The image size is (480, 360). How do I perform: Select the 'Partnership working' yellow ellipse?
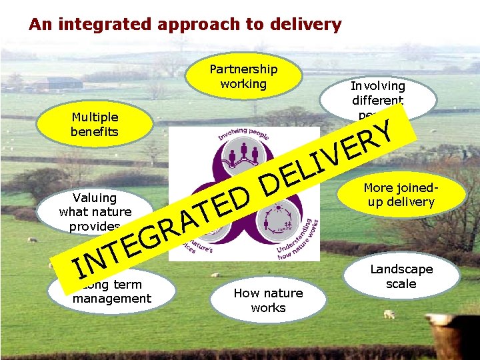(243, 76)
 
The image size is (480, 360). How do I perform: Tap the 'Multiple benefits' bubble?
(95, 124)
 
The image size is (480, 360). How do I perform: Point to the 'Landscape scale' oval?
(402, 276)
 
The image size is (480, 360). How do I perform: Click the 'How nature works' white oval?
(268, 300)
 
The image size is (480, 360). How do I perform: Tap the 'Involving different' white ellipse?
(377, 93)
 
